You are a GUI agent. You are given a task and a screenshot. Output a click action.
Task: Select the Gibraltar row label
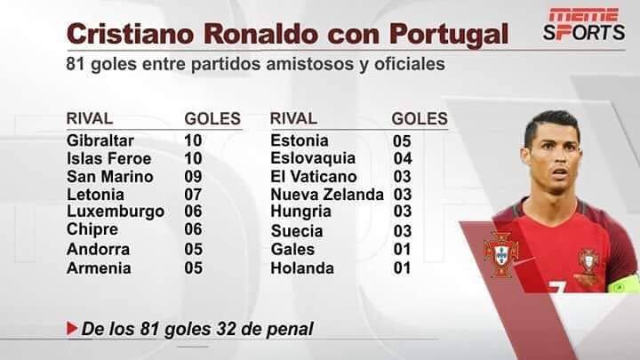100,140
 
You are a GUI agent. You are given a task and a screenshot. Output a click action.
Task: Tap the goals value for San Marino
193,177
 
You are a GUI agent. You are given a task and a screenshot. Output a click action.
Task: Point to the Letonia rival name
92,194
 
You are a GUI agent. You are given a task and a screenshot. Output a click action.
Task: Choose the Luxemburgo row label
116,212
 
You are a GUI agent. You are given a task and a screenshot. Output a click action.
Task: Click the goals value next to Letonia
193,194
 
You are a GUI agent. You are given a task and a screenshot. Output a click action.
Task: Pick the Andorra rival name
98,249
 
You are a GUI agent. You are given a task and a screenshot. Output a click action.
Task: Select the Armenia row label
99,268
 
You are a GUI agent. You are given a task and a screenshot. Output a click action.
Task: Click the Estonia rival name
300,140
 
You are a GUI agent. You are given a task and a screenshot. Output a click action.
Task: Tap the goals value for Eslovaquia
404,159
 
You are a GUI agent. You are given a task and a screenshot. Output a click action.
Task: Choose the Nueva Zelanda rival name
327,194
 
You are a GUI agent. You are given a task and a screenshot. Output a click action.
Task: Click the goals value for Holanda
404,268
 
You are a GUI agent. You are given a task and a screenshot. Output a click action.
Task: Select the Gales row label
292,249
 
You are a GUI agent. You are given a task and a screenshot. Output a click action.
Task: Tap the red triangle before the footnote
72,328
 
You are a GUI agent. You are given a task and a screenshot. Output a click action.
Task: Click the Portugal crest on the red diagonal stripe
500,252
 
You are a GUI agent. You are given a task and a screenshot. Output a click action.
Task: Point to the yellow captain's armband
625,283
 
